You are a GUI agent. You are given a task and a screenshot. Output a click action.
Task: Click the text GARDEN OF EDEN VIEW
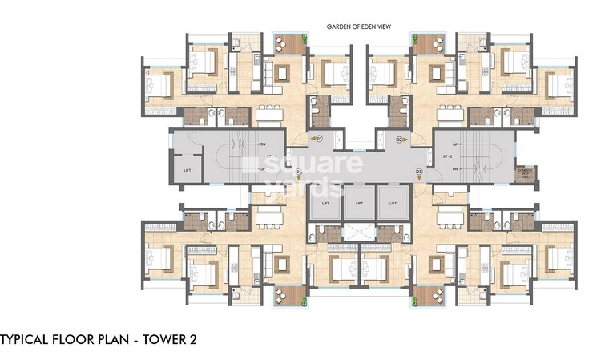click(358, 26)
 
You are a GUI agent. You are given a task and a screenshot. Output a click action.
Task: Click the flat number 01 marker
click(318, 139)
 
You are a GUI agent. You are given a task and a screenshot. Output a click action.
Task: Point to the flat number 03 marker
click(418, 171)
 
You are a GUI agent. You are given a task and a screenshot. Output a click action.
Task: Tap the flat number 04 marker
click(298, 171)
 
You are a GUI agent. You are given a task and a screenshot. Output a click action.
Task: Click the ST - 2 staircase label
click(453, 157)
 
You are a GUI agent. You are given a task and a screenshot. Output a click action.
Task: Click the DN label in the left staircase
click(263, 144)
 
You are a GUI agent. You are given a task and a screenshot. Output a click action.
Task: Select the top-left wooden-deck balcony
click(284, 43)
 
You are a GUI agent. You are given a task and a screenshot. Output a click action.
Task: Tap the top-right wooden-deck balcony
click(435, 43)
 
